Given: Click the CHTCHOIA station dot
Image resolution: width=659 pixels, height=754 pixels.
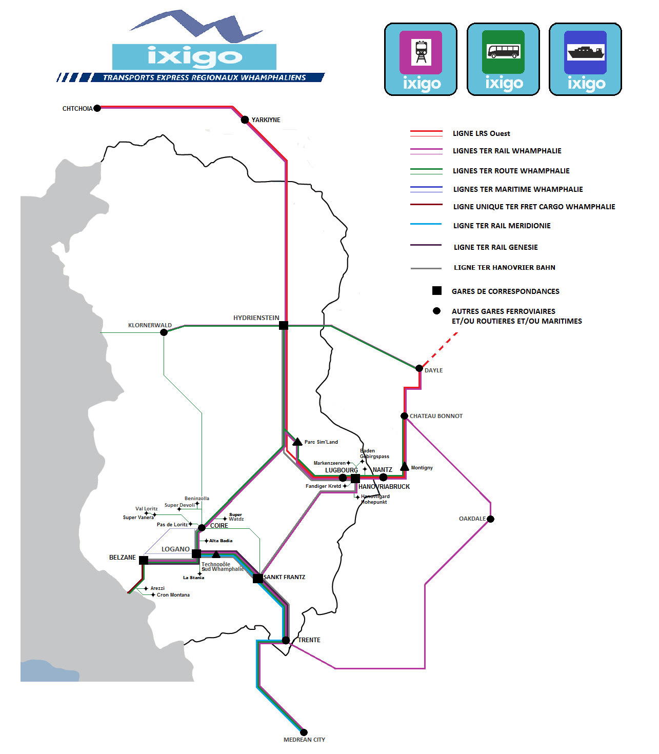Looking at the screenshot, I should click(x=97, y=108).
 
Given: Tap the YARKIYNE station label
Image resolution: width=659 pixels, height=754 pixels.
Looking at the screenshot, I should click(x=266, y=120).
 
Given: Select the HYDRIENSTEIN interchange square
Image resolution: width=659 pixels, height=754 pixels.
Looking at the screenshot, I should click(x=284, y=325).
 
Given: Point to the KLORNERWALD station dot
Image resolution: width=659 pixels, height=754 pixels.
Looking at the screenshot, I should click(x=164, y=332).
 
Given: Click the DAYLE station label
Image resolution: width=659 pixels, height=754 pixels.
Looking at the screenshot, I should click(x=433, y=370).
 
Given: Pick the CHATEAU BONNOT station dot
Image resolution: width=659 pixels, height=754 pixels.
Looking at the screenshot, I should click(x=405, y=416).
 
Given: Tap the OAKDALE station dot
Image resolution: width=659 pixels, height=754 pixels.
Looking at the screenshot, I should click(x=491, y=519).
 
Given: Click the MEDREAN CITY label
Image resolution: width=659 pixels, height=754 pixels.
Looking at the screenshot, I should click(x=304, y=740).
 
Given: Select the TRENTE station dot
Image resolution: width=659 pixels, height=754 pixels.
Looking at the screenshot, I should click(x=286, y=640).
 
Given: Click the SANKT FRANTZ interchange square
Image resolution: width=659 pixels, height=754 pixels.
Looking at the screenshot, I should click(x=258, y=578).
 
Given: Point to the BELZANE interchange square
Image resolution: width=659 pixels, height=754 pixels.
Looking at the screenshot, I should click(x=144, y=560).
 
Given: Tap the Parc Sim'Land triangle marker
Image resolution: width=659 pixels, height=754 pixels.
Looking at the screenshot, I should click(x=297, y=442).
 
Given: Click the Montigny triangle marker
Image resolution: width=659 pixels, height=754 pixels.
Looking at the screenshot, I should click(x=405, y=467).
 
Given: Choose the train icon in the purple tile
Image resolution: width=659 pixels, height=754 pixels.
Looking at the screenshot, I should click(x=421, y=52).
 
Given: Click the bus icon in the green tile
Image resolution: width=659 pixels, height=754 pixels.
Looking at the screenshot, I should click(x=503, y=51).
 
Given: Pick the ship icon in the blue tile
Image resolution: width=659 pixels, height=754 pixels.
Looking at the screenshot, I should click(x=586, y=52).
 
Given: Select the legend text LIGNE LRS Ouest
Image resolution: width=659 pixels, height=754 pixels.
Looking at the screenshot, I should click(x=481, y=133).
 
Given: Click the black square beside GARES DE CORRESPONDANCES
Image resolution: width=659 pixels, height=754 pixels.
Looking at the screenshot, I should click(x=437, y=291).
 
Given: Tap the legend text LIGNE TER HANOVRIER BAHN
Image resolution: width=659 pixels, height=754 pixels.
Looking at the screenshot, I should click(x=504, y=267).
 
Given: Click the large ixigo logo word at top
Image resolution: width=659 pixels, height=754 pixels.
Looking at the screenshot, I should click(x=194, y=56).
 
